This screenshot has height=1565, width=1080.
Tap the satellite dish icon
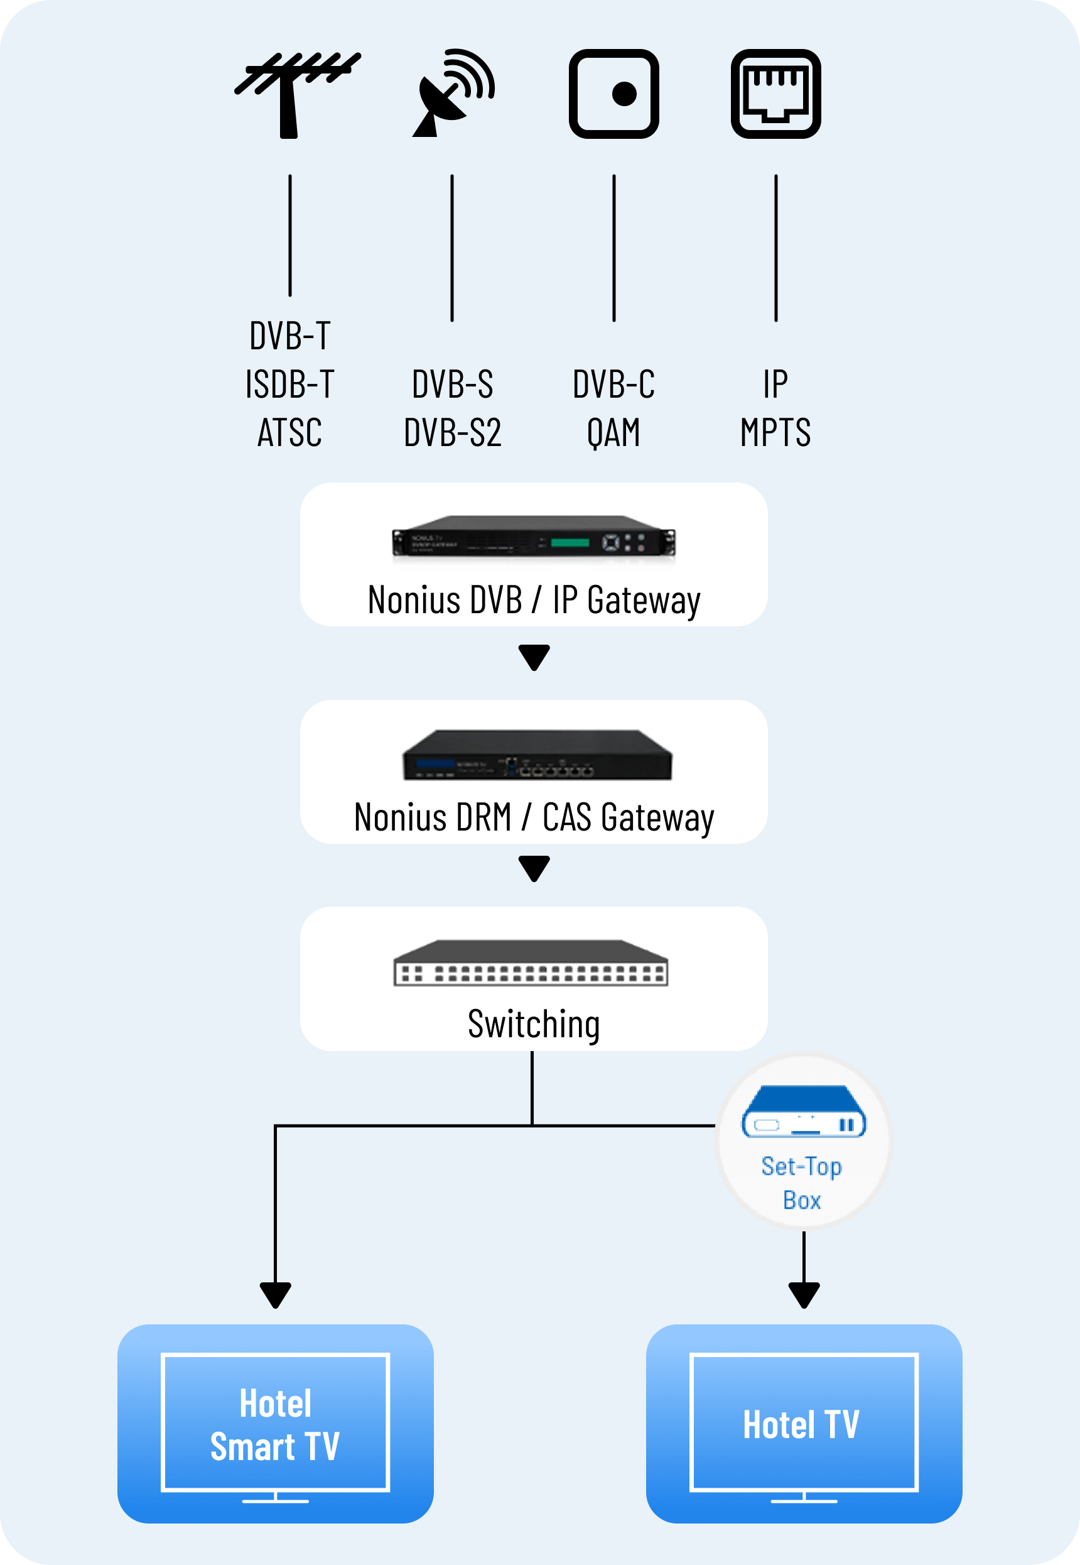452,93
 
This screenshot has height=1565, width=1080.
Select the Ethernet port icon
775,94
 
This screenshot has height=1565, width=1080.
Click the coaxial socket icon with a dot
613,94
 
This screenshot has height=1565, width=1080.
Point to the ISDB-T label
289,384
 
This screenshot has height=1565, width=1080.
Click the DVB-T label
289,335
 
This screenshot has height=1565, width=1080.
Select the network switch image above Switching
531,963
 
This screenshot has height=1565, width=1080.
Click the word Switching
533,1023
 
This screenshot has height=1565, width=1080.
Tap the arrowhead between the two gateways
533,657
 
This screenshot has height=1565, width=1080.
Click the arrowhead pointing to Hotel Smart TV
276,1294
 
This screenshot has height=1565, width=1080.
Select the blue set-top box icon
803,1112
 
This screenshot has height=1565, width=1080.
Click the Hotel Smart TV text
276,1424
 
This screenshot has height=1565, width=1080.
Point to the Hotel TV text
801,1424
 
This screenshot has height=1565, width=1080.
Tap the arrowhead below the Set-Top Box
804,1294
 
